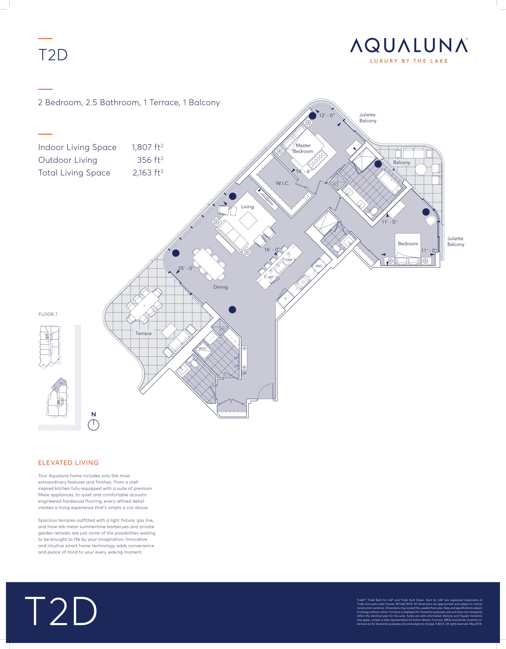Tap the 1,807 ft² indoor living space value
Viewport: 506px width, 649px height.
(147, 147)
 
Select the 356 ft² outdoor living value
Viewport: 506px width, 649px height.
(150, 160)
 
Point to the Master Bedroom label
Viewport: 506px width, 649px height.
(303, 148)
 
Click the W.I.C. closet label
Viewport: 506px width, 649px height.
(283, 183)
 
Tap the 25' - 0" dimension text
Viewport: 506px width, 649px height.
(186, 268)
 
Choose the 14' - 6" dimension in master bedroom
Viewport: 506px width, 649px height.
(304, 171)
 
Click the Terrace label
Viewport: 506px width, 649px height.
(144, 333)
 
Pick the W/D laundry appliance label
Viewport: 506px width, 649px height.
(202, 349)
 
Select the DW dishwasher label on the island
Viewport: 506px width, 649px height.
(289, 260)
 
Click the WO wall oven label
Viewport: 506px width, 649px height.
(319, 266)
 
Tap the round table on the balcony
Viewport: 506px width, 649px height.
(421, 170)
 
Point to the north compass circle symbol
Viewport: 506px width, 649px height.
(93, 425)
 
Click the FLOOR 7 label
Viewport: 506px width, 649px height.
(48, 314)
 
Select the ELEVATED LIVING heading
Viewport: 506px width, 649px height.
(68, 463)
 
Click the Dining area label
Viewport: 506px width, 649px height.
(221, 287)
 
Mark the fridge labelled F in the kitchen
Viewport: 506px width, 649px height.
(286, 299)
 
